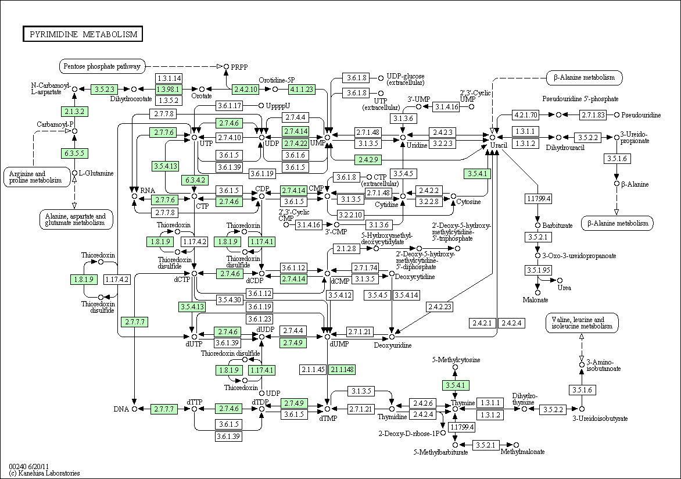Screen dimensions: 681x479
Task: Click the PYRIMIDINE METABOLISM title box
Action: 83,34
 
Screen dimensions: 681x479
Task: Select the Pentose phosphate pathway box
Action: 102,66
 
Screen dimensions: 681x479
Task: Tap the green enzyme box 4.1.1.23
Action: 302,89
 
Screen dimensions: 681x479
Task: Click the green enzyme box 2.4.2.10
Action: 245,89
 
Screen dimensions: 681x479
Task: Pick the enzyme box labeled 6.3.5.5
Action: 74,153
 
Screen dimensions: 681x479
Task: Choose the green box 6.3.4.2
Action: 194,180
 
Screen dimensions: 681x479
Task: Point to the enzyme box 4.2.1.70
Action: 525,115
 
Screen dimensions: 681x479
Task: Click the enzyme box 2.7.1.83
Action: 593,115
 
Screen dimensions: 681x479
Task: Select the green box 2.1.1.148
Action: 342,370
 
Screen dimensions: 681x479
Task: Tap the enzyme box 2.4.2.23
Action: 440,306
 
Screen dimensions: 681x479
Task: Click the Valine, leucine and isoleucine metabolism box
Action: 582,323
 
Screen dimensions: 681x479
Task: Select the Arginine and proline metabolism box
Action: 37,177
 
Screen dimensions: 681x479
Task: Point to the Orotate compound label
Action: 202,96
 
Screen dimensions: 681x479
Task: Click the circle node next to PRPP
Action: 226,66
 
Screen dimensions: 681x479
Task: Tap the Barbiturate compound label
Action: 557,225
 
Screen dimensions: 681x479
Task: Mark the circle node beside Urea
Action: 560,280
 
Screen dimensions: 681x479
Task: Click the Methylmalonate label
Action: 522,452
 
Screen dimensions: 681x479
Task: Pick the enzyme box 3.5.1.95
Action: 538,270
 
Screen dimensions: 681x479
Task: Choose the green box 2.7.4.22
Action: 295,143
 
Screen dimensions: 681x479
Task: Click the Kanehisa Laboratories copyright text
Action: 44,473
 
